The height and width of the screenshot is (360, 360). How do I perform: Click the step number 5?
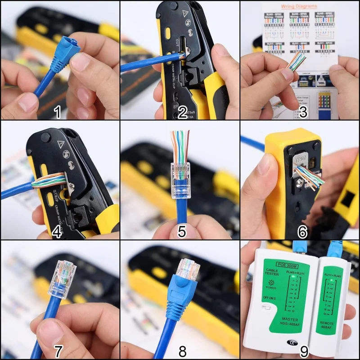(x=182, y=231)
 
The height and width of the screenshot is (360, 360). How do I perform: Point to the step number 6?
(x=302, y=231)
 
